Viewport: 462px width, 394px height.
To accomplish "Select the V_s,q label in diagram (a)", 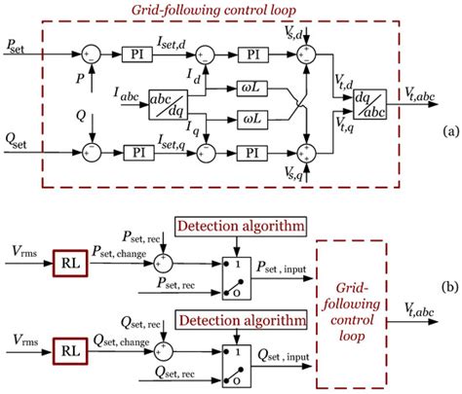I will coord(294,174).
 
